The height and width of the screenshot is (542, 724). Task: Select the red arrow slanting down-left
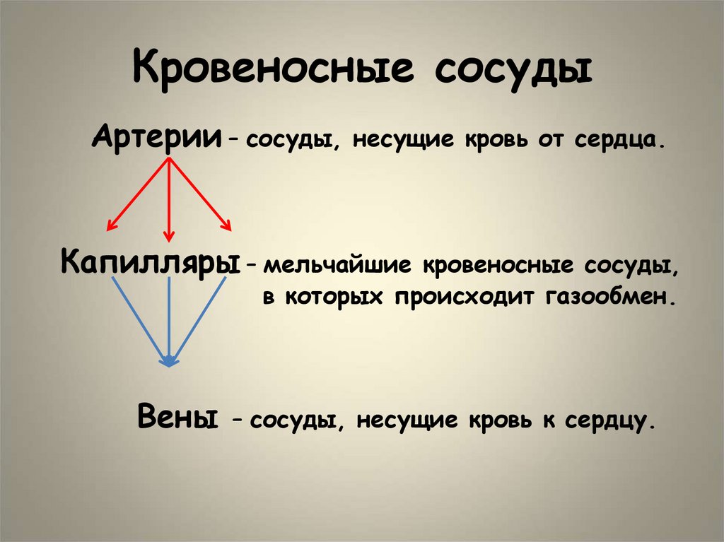pyautogui.click(x=138, y=194)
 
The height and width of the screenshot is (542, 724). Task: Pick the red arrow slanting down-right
pyautogui.click(x=200, y=194)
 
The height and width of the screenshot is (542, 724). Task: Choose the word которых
pyautogui.click(x=333, y=296)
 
